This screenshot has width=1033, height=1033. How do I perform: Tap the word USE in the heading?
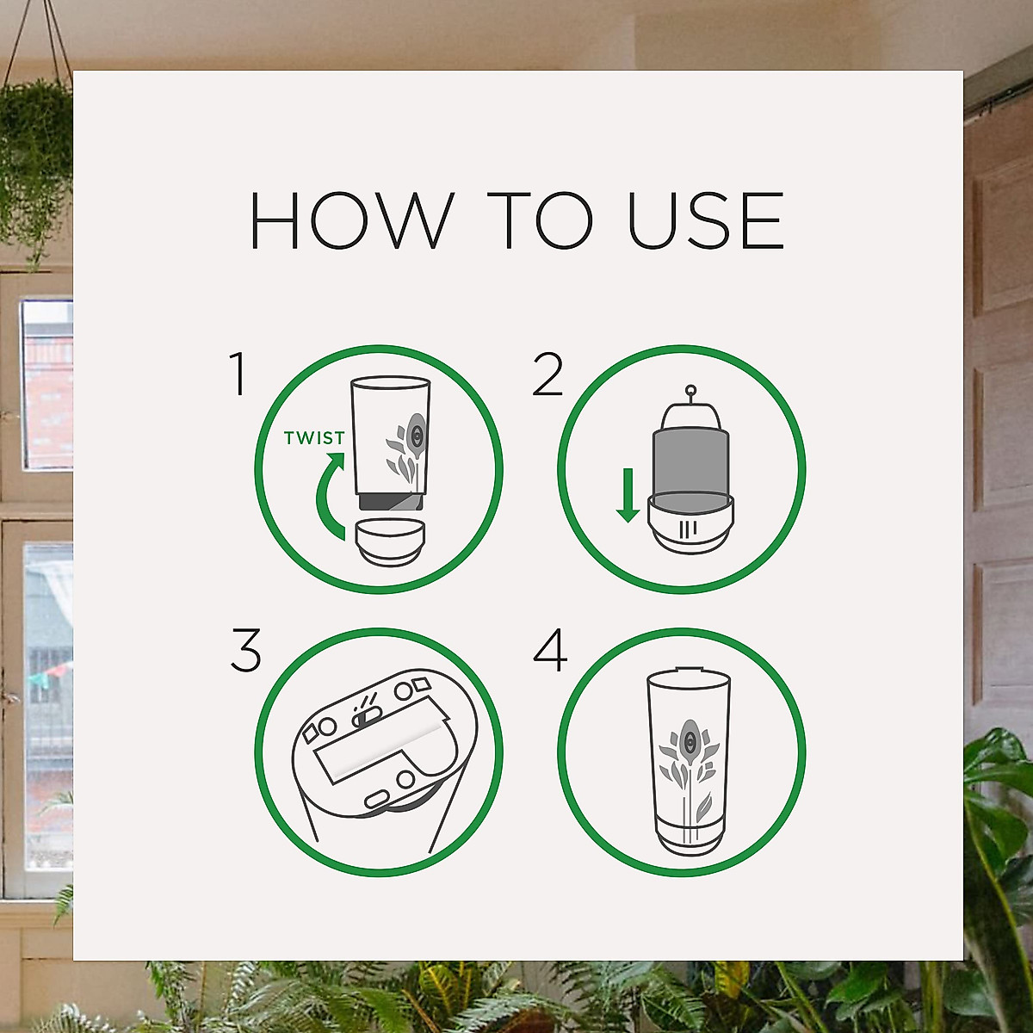(x=705, y=220)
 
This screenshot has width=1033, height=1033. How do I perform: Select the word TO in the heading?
(x=540, y=220)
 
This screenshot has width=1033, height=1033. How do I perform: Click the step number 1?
(x=238, y=374)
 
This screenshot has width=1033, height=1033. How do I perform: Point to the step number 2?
(x=547, y=375)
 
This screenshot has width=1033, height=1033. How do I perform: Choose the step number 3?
(x=245, y=651)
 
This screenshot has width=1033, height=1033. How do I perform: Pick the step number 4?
(x=550, y=651)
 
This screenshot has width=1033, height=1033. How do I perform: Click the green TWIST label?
(x=314, y=438)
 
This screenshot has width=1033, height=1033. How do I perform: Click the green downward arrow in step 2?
(x=628, y=496)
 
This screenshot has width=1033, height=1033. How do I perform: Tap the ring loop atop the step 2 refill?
(x=690, y=393)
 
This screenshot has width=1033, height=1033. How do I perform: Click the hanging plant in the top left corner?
(x=34, y=155)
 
